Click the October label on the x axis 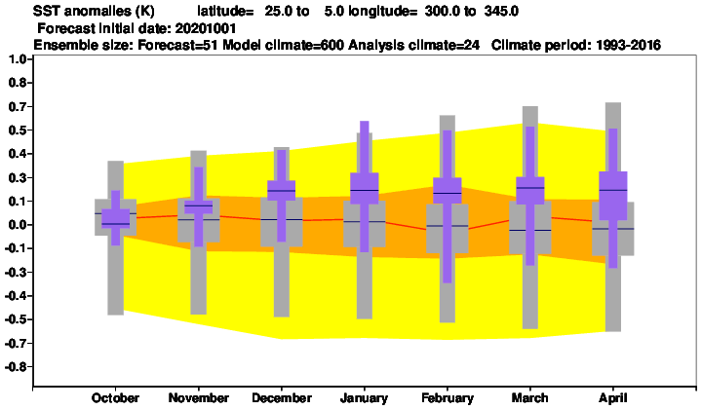pos(115,398)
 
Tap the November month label pos(198,398)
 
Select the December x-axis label pos(282,398)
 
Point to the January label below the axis pos(364,398)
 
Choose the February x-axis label pos(448,398)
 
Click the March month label pos(529,398)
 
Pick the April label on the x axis pos(613,398)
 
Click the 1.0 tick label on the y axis pos(18,59)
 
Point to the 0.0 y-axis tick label pos(18,225)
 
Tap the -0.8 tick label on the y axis pos(16,367)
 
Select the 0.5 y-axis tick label pos(18,130)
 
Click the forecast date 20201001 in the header pos(206,28)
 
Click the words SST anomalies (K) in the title pos(94,11)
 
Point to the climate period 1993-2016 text pos(628,45)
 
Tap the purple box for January pos(365,188)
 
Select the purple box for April pos(613,196)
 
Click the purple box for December pos(281,190)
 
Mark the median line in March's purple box pos(530,188)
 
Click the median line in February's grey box pos(448,226)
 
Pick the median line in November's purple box pos(198,206)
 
